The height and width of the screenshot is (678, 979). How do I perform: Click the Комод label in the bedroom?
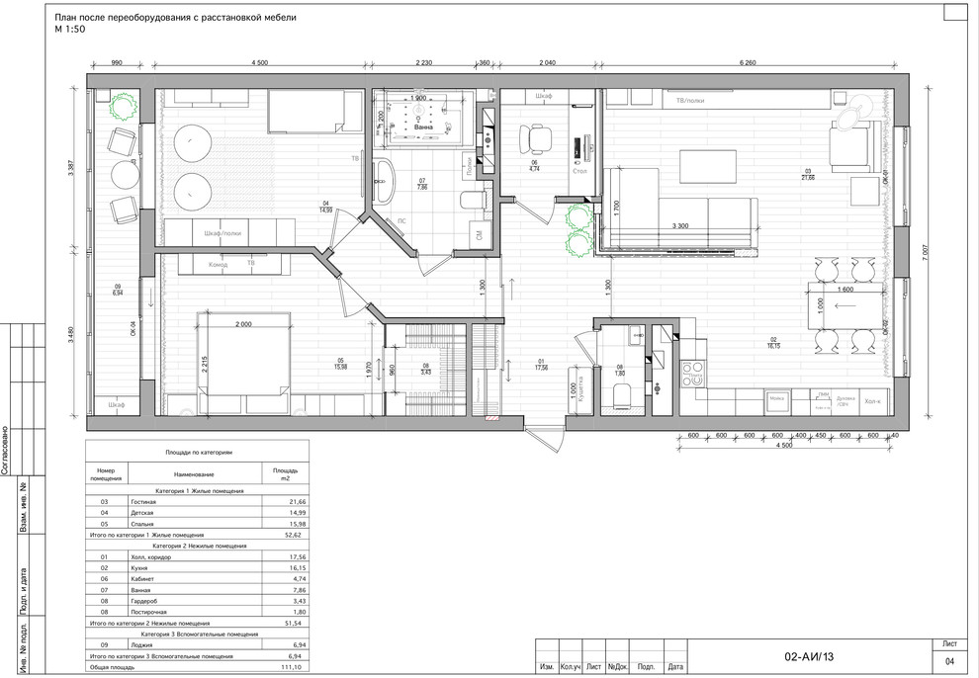tap(218, 264)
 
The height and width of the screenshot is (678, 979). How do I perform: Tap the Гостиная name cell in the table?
tap(143, 502)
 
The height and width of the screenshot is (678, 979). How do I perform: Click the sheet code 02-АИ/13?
tap(809, 655)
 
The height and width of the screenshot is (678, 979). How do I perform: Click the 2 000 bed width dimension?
tap(244, 324)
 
